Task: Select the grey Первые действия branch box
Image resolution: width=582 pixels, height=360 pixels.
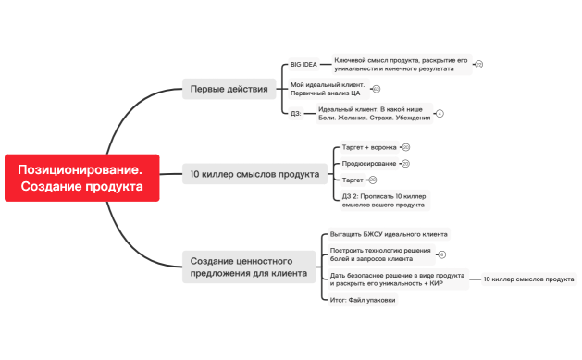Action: [x=229, y=90]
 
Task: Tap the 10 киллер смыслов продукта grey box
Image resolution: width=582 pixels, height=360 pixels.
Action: [x=254, y=173]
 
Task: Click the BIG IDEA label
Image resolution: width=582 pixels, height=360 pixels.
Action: [x=303, y=65]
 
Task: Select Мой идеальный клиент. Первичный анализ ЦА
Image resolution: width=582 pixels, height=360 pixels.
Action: [x=327, y=89]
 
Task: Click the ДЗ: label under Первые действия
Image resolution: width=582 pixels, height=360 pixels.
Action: [x=296, y=113]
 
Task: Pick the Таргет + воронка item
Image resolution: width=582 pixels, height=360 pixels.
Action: [x=369, y=147]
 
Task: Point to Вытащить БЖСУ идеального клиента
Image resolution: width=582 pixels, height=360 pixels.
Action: [x=389, y=234]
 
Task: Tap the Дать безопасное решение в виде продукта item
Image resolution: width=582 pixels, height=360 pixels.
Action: [x=397, y=279]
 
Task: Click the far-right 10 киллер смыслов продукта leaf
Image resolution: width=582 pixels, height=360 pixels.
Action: [x=527, y=279]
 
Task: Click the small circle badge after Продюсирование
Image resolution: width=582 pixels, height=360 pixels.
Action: [x=405, y=164]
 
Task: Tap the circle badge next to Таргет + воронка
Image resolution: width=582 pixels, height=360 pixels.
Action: [x=405, y=147]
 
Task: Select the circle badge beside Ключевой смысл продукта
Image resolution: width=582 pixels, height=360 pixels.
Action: [x=478, y=65]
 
